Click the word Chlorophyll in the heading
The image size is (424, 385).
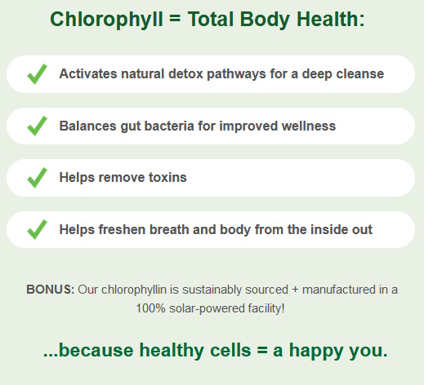coord(106,20)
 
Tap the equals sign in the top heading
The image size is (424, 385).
coord(175,19)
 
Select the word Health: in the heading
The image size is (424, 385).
coord(331,19)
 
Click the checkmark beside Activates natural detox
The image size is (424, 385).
coord(37,74)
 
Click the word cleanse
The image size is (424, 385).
coord(360,73)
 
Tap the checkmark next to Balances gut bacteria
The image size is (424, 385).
coord(37,126)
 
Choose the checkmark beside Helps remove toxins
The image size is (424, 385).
coord(37,178)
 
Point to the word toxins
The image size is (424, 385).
coord(167,177)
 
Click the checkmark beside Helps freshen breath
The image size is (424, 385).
coord(37,229)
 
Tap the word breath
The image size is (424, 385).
coord(169,229)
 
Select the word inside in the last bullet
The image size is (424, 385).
coord(329,229)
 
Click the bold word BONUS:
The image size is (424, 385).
coord(50,290)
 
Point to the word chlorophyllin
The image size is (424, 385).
coord(134,290)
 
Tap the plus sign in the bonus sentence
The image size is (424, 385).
coord(295,290)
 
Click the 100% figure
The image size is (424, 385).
coord(150,308)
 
